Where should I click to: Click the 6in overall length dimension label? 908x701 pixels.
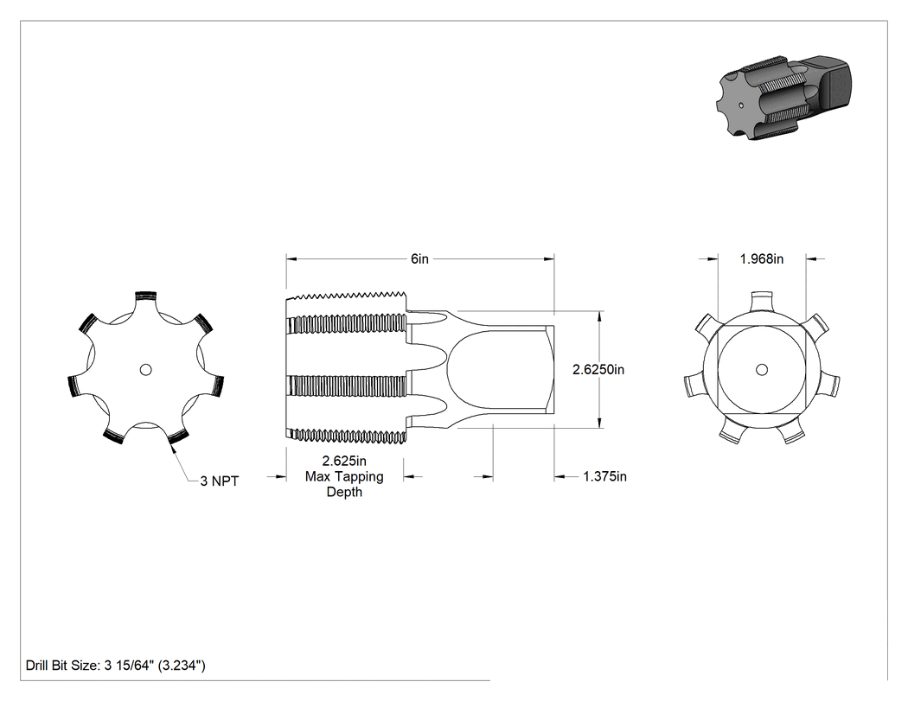coord(419,258)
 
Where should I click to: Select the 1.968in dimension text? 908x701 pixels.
coord(762,258)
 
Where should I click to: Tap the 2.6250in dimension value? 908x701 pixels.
coord(598,369)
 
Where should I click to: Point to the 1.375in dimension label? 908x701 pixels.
coord(604,476)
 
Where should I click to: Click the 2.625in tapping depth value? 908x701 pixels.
coord(344,461)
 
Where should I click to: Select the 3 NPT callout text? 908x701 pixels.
coord(220,481)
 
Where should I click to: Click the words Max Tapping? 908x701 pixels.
coord(344,476)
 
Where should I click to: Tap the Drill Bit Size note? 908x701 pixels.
coord(116,665)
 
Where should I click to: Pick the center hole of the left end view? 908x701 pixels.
coord(146,369)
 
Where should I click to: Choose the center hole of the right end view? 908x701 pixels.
coord(762,369)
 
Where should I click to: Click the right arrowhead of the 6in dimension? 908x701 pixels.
coord(549,259)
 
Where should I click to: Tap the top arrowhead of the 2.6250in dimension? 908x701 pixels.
coord(598,316)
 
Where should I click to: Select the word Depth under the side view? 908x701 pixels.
coord(344,492)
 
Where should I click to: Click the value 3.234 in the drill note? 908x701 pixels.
coord(182,665)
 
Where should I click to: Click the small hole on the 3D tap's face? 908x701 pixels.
coord(742,105)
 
